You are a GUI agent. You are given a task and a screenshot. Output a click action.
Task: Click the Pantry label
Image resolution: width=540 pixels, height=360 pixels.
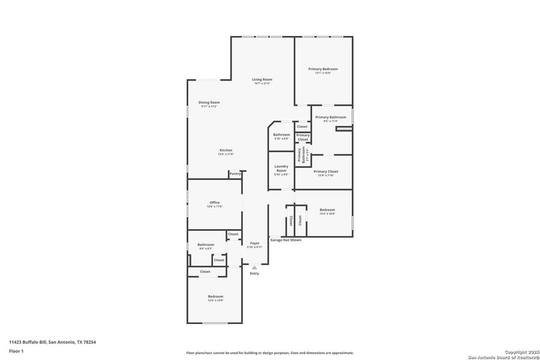(x=235, y=173)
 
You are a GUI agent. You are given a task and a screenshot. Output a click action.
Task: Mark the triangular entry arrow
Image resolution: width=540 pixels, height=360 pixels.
(x=254, y=267)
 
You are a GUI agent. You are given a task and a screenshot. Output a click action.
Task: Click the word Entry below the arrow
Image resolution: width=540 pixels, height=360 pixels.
(x=254, y=274)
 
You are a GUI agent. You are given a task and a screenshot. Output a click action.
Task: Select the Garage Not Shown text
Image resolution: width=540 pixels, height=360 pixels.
(x=286, y=240)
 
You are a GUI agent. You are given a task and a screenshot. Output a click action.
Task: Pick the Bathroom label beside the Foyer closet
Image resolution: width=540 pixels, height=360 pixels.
(x=206, y=245)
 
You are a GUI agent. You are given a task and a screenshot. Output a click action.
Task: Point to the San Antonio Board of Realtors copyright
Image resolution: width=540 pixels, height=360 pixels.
(x=503, y=354)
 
